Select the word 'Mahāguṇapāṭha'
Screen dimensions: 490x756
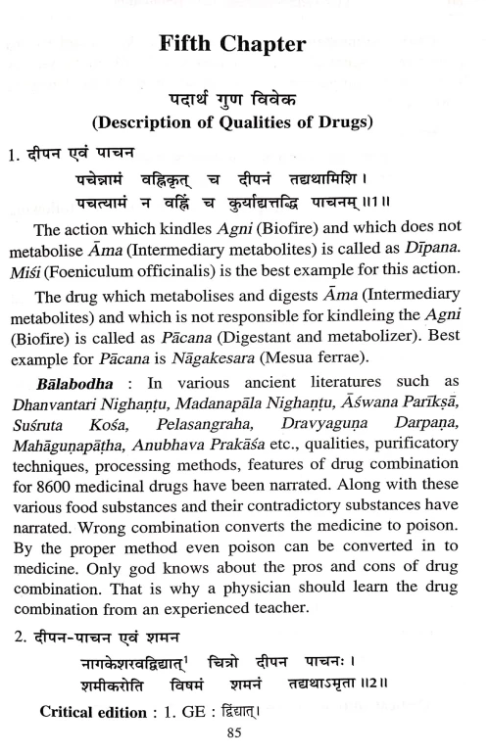[x=78, y=455]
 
